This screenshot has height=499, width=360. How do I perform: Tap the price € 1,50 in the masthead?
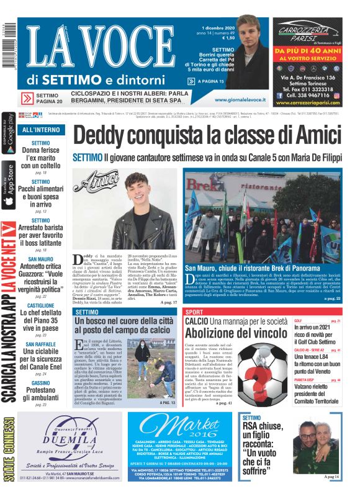pos(228,38)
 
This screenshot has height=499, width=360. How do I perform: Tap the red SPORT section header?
pos(194,312)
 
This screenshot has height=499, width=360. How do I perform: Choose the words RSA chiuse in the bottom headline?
pos(265,426)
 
